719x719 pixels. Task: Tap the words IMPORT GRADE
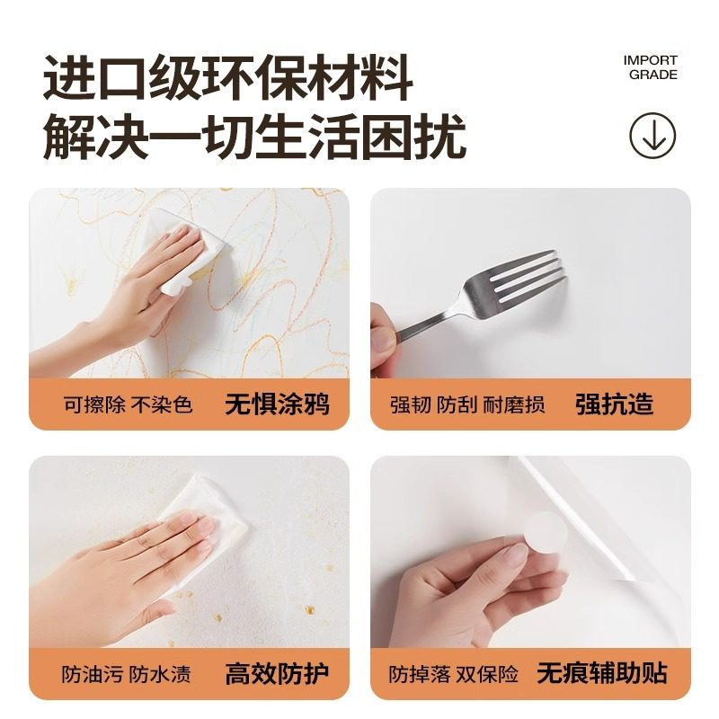click(652, 67)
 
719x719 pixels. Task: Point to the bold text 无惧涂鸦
click(277, 404)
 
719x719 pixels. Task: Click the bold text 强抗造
click(614, 404)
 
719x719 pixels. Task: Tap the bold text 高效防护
click(277, 672)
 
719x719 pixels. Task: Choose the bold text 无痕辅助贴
click(602, 672)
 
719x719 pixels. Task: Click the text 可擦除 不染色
click(128, 404)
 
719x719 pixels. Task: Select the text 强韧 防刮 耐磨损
click(467, 404)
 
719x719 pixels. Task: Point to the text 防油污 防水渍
click(128, 673)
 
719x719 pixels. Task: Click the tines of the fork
click(530, 274)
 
